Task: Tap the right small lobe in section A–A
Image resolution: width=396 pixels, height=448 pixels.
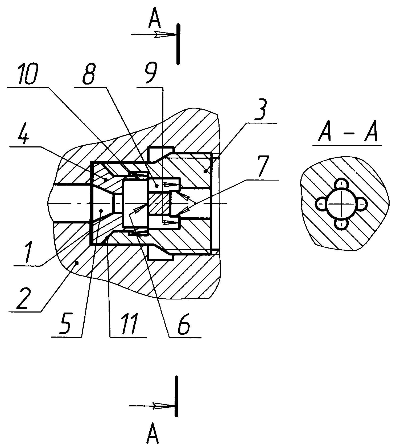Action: tap(361, 204)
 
